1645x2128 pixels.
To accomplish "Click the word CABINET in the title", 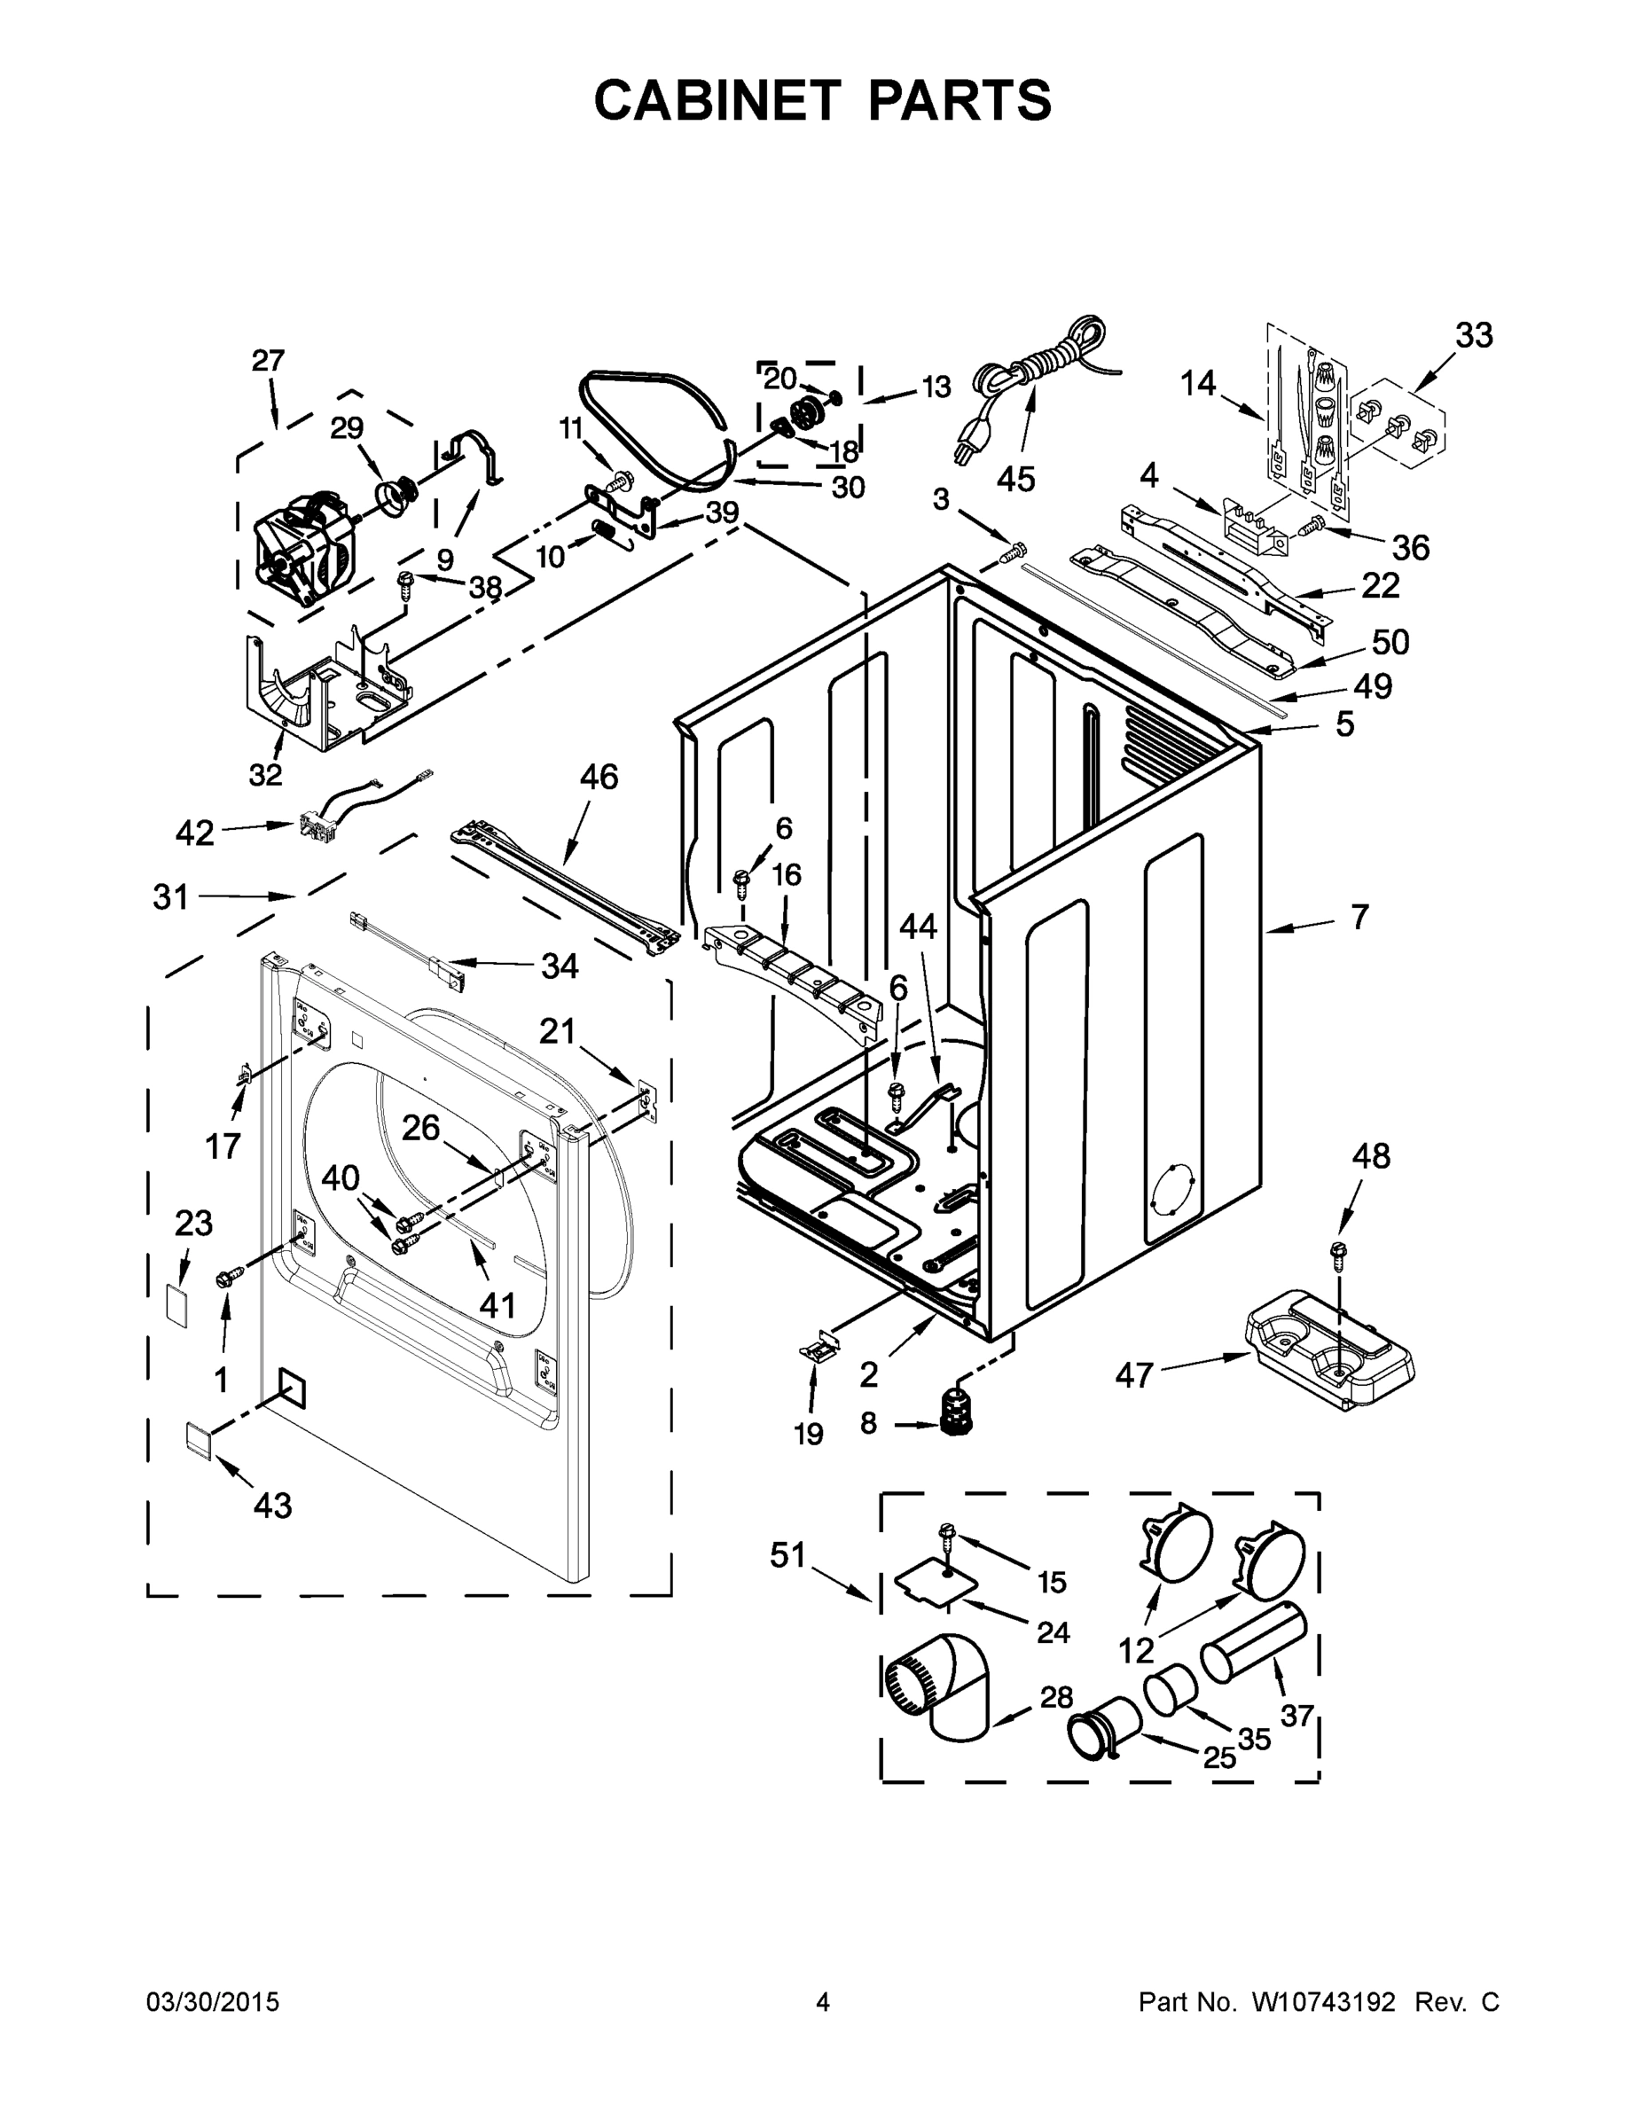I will [717, 100].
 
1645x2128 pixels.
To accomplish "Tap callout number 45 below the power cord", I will [1015, 480].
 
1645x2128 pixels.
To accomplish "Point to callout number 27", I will [268, 362].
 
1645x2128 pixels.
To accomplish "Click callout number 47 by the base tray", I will [1134, 1375].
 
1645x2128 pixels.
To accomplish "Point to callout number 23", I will [193, 1223].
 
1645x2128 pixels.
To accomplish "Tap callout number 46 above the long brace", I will [599, 777].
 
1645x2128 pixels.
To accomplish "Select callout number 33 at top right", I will [1475, 335].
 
